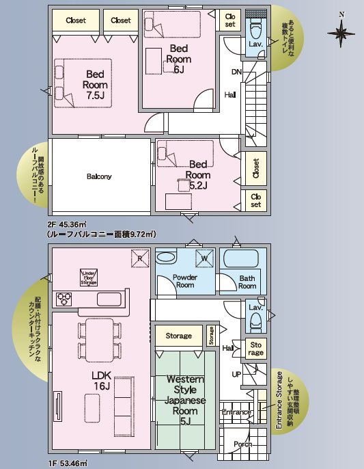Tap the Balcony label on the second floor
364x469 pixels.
99,176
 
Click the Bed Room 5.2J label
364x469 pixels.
198,174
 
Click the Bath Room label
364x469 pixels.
247,282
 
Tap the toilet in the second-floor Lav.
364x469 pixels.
255,29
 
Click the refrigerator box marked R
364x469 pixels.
139,259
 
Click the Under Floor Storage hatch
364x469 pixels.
89,276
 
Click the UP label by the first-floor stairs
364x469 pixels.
236,375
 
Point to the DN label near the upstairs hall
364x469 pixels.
236,72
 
